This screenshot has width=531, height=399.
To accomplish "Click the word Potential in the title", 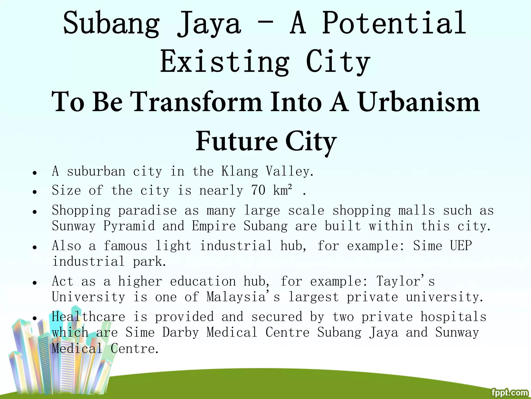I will pos(394,23).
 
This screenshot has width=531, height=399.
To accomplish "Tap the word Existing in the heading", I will pos(225,62).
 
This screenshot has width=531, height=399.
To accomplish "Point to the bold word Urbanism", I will pos(419,102).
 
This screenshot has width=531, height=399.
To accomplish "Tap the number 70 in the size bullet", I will pos(258,190).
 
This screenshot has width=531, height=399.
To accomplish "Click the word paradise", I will pos(148,210).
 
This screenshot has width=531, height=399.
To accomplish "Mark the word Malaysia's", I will pos(243,297).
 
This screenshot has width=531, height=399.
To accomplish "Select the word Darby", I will pos(180,332).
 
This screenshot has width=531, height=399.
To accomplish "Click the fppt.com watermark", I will pos(510,393).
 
